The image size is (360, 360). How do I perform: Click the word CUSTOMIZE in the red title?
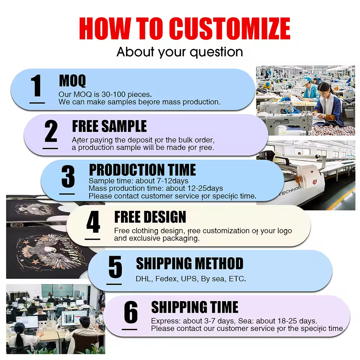tap(229, 28)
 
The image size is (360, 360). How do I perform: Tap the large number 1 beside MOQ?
tap(36, 85)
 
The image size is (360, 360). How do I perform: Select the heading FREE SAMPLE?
tap(109, 126)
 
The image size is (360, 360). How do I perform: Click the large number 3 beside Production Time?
tap(68, 176)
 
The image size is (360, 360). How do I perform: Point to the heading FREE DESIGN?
tap(150, 217)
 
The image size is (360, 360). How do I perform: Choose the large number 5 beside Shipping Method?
tap(115, 267)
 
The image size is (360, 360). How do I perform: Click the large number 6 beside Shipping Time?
tap(130, 312)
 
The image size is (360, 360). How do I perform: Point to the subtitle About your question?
tap(180, 52)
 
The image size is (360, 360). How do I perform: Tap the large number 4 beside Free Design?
tap(93, 222)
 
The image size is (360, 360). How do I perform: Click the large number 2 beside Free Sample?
tap(51, 131)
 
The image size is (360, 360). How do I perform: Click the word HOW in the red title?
tap(105, 28)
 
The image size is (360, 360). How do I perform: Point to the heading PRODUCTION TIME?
tap(142, 170)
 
